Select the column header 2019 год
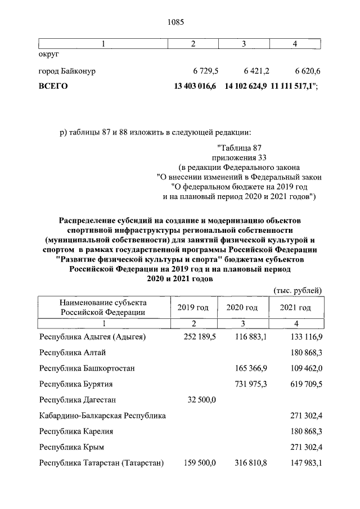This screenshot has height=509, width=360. [x=193, y=308]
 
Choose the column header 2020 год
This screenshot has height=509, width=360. [x=242, y=308]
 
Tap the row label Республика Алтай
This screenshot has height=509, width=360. [x=72, y=353]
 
